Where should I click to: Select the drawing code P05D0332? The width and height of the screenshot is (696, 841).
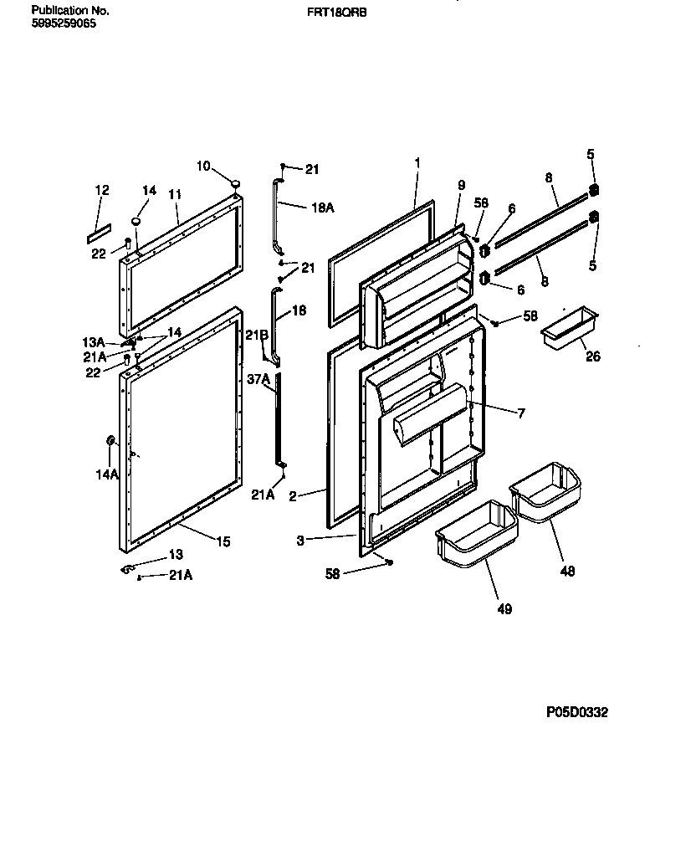(x=577, y=712)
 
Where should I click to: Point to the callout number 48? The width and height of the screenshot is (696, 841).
(x=569, y=572)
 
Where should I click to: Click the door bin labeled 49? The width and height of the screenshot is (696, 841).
(x=473, y=533)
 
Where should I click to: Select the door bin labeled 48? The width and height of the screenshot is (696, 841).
(x=545, y=493)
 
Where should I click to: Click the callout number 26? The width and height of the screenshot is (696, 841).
(x=593, y=356)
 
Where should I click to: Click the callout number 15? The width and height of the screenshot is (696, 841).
(x=222, y=541)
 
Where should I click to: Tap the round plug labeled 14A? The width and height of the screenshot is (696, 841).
(x=110, y=441)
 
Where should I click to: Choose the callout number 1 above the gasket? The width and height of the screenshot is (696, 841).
(x=417, y=161)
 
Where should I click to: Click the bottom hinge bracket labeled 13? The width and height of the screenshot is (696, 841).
(x=129, y=569)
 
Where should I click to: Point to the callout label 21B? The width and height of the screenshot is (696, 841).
(x=257, y=336)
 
